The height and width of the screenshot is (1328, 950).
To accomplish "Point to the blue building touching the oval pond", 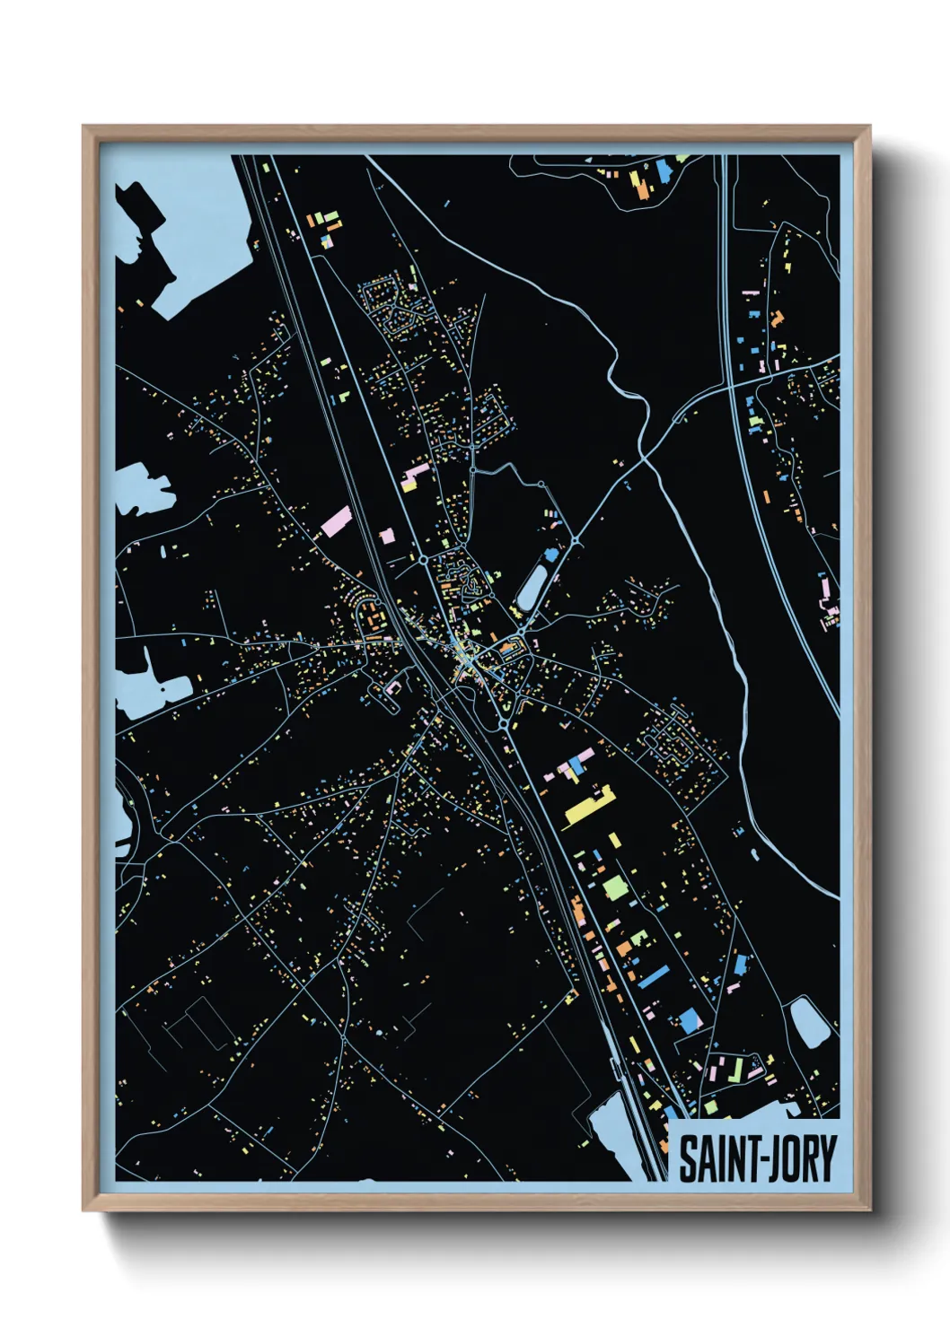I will (550, 555).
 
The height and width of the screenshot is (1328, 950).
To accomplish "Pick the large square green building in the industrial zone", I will (615, 887).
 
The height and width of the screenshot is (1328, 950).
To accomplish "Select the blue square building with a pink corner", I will (689, 1020).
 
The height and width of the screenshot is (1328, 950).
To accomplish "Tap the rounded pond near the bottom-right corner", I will (809, 1022).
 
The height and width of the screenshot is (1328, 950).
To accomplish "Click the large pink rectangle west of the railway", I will (336, 521).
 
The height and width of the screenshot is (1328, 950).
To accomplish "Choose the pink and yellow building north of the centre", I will (414, 476).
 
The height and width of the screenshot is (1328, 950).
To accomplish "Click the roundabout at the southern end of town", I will (505, 724).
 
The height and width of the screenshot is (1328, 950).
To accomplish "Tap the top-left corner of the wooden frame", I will (84, 127).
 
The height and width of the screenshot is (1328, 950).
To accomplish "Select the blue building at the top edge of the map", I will (664, 170).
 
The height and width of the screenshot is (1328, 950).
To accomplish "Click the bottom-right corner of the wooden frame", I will (868, 1210).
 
